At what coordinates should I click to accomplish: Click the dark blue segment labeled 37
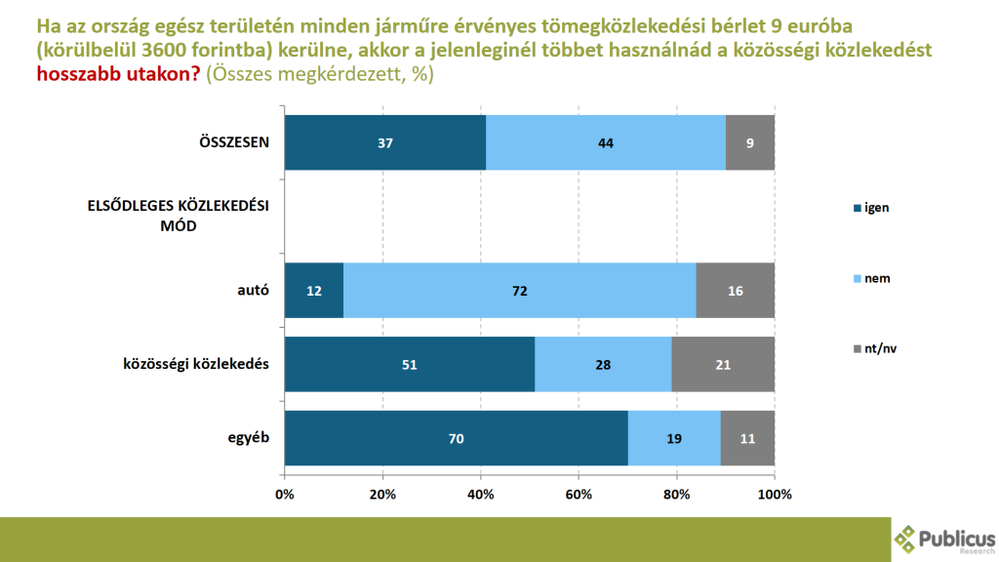(x=384, y=142)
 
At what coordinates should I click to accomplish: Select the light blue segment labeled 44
(x=605, y=142)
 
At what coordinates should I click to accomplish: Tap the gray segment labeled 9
(x=750, y=142)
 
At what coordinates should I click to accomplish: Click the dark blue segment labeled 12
(x=314, y=290)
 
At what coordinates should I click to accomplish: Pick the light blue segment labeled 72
(x=519, y=290)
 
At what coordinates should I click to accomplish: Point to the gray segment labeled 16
(x=736, y=290)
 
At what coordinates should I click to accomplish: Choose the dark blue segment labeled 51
(x=410, y=364)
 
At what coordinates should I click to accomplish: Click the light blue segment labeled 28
(x=603, y=364)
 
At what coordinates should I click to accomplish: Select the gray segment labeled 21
(x=723, y=364)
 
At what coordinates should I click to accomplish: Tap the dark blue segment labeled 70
(x=456, y=438)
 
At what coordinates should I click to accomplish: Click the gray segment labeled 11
(x=747, y=438)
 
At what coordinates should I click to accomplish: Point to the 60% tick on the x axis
(x=579, y=494)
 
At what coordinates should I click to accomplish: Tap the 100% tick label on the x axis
(x=775, y=494)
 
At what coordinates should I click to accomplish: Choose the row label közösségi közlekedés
(x=195, y=364)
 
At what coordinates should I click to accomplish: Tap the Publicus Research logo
(x=944, y=538)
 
